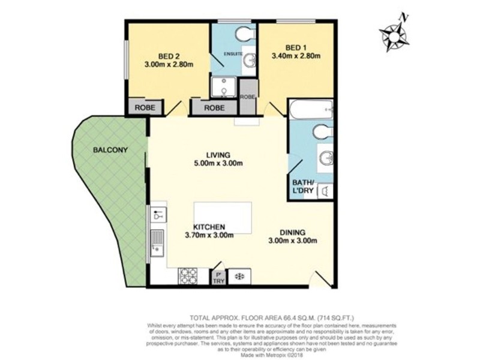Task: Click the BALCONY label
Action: pyautogui.click(x=109, y=150)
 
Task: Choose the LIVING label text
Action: pyautogui.click(x=217, y=154)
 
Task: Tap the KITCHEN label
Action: pyautogui.click(x=208, y=227)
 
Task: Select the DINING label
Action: pyautogui.click(x=292, y=232)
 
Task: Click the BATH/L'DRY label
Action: pyautogui.click(x=302, y=187)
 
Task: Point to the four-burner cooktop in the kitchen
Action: pyautogui.click(x=188, y=275)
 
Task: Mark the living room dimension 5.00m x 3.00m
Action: pyautogui.click(x=217, y=163)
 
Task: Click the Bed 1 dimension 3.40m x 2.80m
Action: pyautogui.click(x=296, y=58)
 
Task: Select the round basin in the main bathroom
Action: pyautogui.click(x=325, y=158)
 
